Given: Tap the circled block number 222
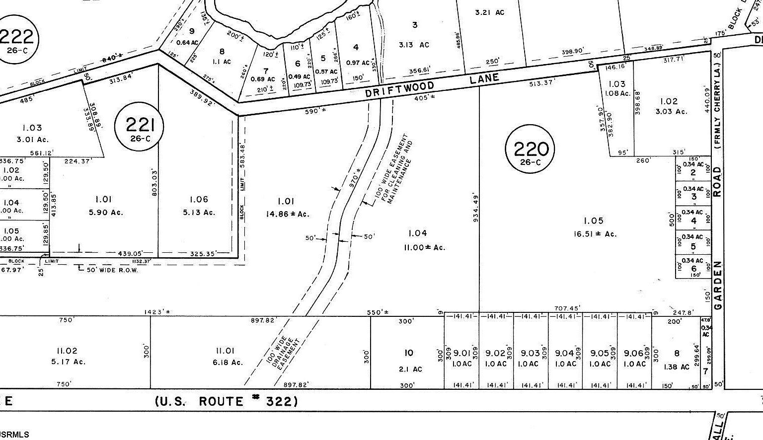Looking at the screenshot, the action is (x=17, y=37).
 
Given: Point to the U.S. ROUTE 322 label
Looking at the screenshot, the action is (x=227, y=401).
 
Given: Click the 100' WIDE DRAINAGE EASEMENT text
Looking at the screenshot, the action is (x=283, y=354).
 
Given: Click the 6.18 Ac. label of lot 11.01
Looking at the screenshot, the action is (x=228, y=363).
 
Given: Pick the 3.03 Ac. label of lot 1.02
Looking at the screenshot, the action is (x=671, y=111).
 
